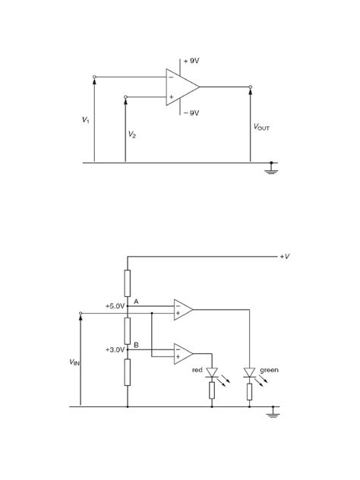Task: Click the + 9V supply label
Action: coord(191,59)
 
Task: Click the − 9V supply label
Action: coord(191,112)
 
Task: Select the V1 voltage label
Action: coord(86,120)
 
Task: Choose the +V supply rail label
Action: coord(285,257)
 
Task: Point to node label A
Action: coord(136,302)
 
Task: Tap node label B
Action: coord(136,345)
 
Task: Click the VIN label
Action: coord(68,365)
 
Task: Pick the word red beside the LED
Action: coord(196,371)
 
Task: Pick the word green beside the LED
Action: coord(270,371)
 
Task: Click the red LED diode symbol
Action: coord(212,372)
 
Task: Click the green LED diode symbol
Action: coord(248,372)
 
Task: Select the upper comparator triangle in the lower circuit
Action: coord(182,309)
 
